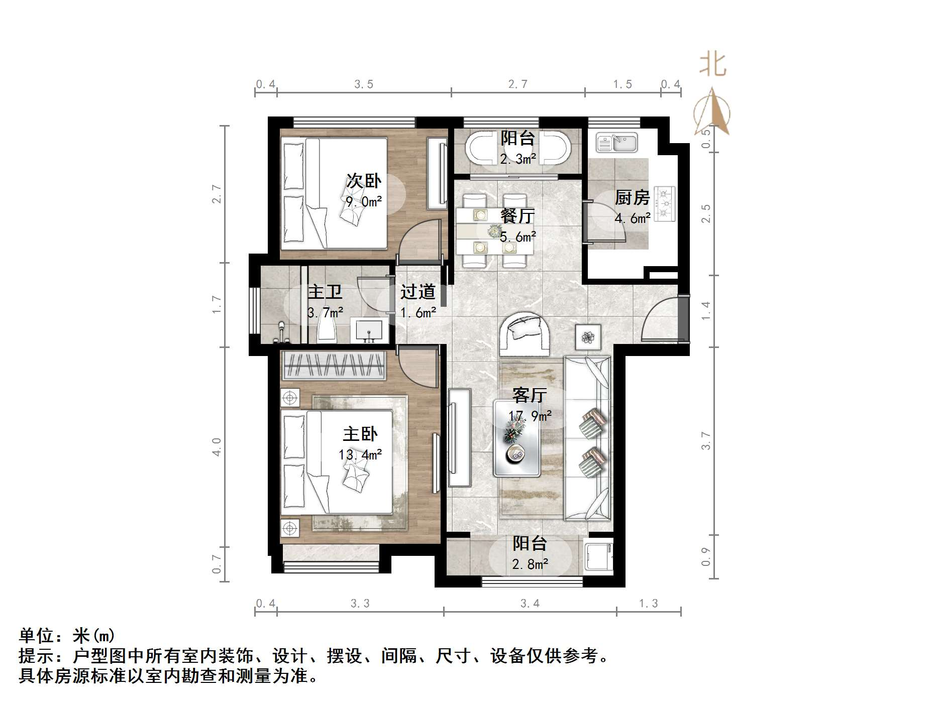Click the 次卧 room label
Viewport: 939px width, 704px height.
[364, 181]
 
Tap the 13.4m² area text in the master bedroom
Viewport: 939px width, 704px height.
[360, 455]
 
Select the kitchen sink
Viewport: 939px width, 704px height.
[616, 143]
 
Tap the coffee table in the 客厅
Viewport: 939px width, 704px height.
[517, 438]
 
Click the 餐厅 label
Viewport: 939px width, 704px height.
[517, 216]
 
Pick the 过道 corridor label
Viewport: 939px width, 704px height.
[418, 292]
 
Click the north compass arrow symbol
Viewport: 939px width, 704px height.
[712, 111]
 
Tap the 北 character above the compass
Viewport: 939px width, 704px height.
[713, 65]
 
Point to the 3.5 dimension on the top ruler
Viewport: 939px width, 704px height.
[364, 84]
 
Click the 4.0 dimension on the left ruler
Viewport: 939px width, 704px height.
[217, 447]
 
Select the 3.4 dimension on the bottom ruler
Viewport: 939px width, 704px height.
[530, 604]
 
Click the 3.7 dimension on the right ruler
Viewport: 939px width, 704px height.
[706, 441]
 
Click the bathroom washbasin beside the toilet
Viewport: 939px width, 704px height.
[369, 331]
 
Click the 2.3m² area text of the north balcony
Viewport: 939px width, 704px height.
[517, 159]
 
